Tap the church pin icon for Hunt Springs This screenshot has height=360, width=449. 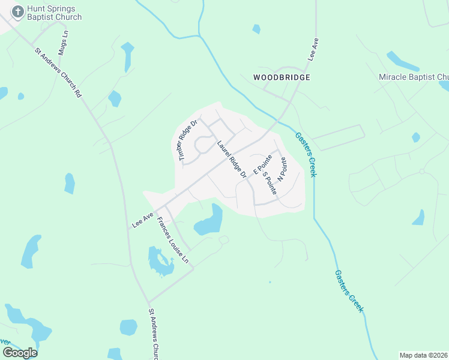click(18, 11)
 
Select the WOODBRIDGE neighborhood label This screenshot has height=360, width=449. click(282, 78)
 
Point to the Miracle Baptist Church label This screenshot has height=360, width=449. click(414, 77)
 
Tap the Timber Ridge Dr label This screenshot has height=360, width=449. click(187, 140)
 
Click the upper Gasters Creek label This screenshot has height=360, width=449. click(304, 154)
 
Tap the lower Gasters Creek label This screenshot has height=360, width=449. click(349, 290)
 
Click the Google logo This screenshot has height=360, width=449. click(20, 352)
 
